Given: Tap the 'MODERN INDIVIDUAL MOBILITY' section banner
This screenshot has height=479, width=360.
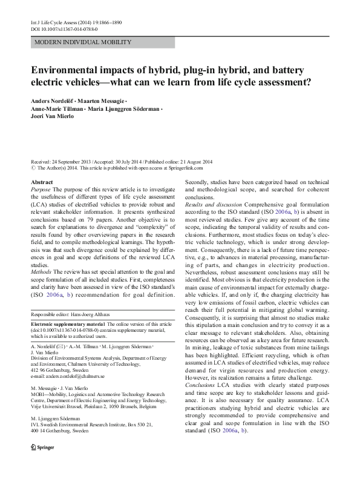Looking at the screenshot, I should (83, 42).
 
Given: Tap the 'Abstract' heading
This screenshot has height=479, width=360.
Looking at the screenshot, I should (41, 182).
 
